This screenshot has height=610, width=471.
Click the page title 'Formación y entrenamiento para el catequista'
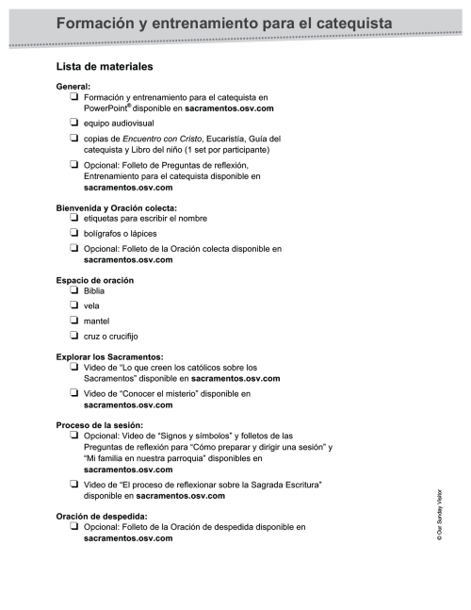point(224,22)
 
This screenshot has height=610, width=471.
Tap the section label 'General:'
point(74,86)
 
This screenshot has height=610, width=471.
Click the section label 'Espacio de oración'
point(95,281)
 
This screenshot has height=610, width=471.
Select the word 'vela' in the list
point(92,306)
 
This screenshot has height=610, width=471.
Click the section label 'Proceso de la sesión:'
point(101,425)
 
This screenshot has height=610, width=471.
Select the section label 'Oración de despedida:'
point(103,516)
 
